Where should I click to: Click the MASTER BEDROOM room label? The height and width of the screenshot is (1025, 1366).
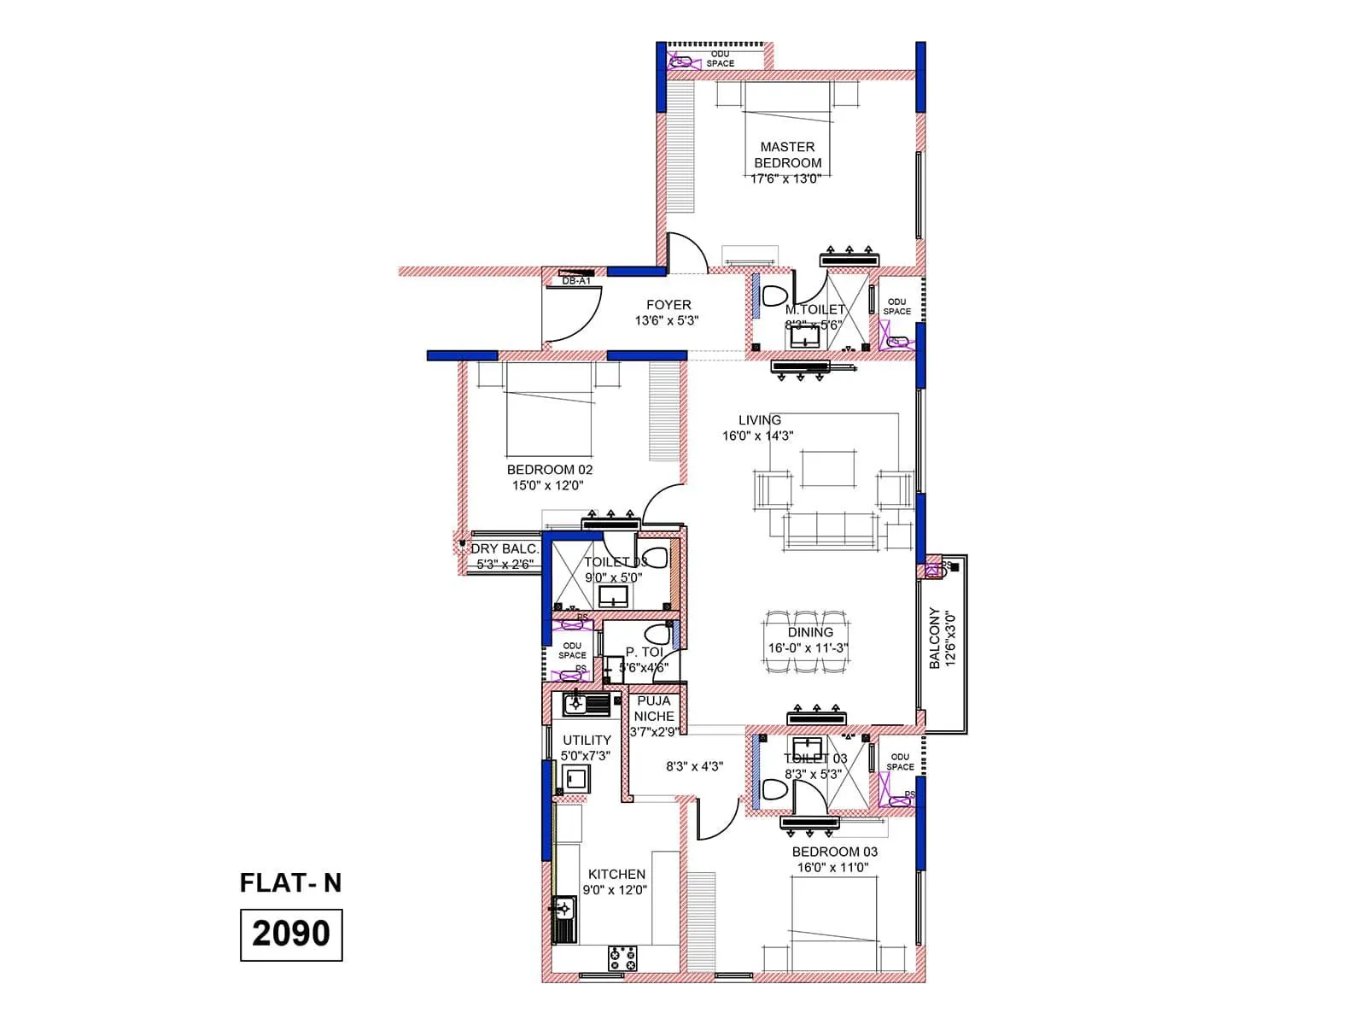click(787, 155)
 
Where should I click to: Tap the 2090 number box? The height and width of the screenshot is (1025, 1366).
click(291, 934)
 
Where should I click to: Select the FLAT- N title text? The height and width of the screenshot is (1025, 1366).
click(290, 882)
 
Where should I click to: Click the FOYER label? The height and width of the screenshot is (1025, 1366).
click(668, 305)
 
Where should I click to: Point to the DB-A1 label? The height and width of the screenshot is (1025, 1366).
click(576, 281)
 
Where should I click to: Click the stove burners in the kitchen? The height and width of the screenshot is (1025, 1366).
click(622, 958)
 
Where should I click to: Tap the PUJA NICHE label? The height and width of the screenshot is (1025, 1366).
click(654, 709)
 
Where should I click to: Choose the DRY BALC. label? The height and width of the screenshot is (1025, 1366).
click(505, 548)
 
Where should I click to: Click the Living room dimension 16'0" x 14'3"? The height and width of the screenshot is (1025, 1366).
click(757, 436)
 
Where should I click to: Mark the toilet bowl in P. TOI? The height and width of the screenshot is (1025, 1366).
click(657, 635)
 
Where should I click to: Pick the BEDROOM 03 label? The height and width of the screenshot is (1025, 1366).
click(834, 852)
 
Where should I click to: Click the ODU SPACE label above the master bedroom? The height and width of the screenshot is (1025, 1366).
click(720, 59)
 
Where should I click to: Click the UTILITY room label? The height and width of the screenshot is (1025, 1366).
click(587, 740)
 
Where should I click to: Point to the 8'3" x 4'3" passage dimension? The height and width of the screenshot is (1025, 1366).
click(694, 766)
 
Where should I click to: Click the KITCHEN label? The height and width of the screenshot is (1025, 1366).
click(616, 874)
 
